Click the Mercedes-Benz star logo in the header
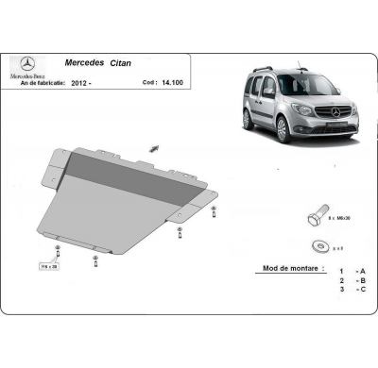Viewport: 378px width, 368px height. coord(26,64)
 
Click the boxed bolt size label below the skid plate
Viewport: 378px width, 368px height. coord(47,267)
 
